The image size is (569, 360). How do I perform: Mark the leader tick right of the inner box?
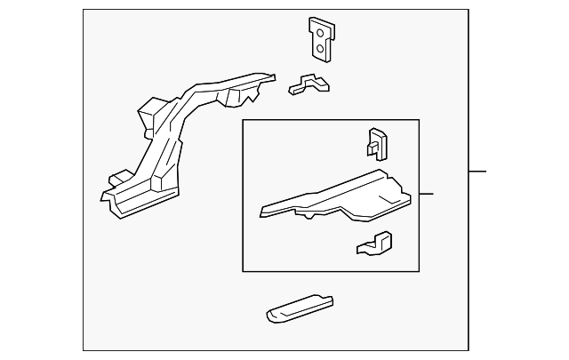(426, 194)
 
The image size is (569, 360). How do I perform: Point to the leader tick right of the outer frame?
(477, 171)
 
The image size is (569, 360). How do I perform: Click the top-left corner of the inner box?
(243, 120)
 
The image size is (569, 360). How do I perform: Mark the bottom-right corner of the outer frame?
(468, 350)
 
